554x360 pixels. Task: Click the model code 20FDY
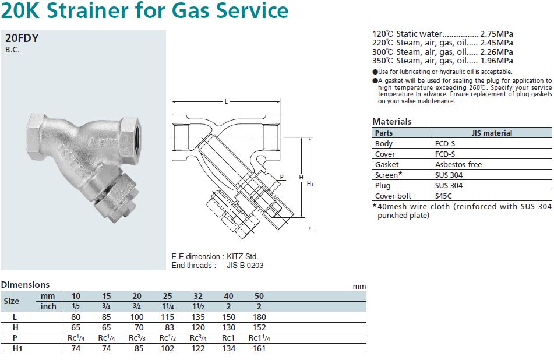[x=22, y=38]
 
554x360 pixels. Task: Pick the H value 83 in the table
[x=169, y=327]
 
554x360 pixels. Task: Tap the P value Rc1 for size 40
[x=228, y=338]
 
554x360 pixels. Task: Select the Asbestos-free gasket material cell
[x=458, y=164]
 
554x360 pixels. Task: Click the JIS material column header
[x=491, y=133]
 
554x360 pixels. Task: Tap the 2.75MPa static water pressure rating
[x=496, y=34]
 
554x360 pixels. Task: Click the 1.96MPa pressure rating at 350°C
[x=496, y=61]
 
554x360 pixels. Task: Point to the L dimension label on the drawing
[x=226, y=102]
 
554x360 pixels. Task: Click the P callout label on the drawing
[x=281, y=177]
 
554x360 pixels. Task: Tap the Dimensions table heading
[x=25, y=285]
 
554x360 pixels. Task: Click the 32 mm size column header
[x=197, y=296]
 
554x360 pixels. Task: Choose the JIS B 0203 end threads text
[x=245, y=265]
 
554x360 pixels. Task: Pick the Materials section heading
[x=391, y=121]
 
